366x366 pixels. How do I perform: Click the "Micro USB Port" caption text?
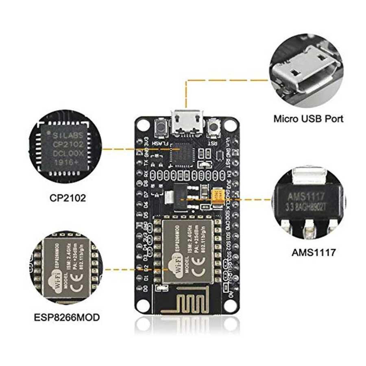click(308, 119)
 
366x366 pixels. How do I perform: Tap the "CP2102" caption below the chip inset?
click(68, 198)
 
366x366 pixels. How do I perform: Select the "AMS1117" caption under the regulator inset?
click(314, 252)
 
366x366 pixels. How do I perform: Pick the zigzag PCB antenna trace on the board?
click(185, 303)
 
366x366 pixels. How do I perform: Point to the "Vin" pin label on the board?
click(229, 142)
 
